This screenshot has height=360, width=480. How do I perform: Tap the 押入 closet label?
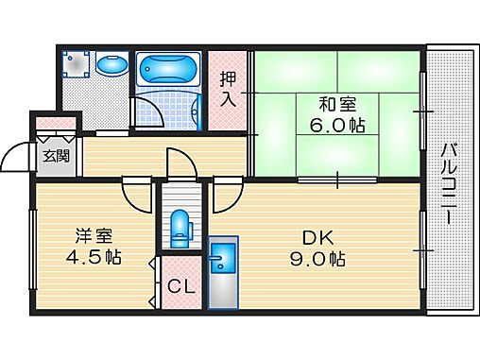pyautogui.click(x=229, y=90)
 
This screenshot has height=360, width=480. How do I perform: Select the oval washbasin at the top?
pyautogui.click(x=112, y=65)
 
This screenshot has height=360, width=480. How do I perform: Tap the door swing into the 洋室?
pyautogui.click(x=139, y=197)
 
